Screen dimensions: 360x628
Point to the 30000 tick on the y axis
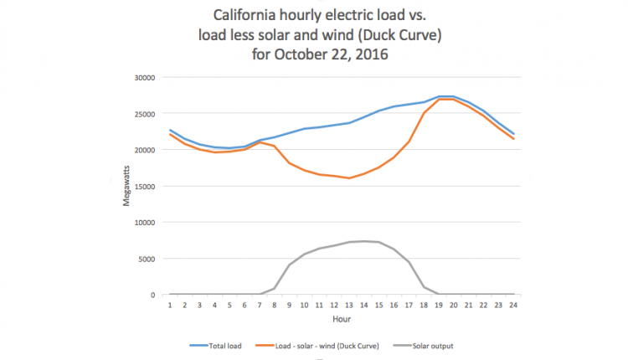tap(145, 78)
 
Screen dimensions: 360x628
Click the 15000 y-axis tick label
tap(145, 187)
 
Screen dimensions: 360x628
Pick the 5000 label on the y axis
tap(147, 259)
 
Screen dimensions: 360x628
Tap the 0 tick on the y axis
tap(154, 295)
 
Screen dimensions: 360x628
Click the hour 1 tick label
tap(170, 305)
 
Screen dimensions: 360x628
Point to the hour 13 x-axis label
tap(348, 305)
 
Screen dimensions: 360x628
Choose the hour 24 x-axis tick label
tap(512, 305)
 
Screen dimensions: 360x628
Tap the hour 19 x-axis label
tap(437, 305)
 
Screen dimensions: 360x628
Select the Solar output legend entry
tap(440, 344)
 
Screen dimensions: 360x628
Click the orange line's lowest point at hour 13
tap(348, 178)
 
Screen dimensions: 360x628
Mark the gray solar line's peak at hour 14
tap(363, 241)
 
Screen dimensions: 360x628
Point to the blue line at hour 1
tap(170, 130)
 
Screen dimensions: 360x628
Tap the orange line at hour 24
tap(512, 139)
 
